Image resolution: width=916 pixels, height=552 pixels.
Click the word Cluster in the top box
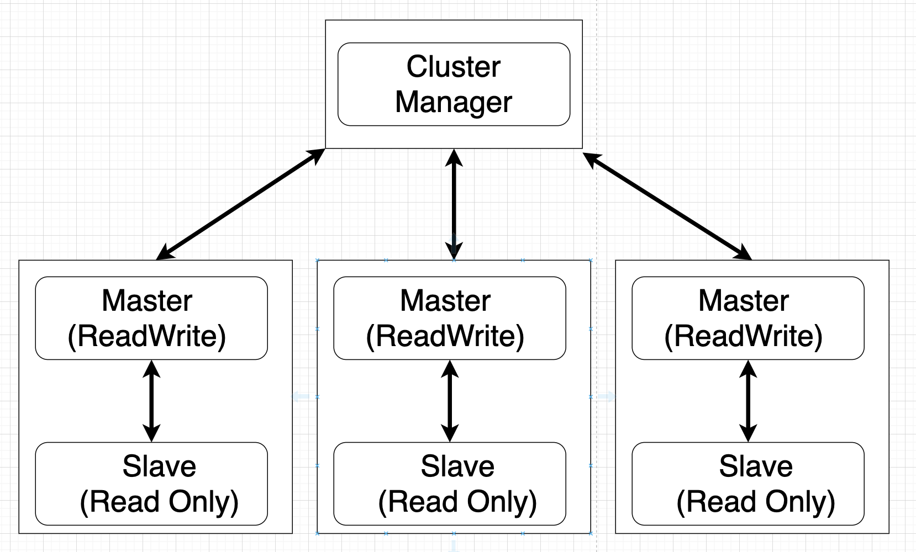pyautogui.click(x=453, y=67)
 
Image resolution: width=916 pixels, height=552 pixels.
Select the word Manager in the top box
pyautogui.click(x=453, y=102)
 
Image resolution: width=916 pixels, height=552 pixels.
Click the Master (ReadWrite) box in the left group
pyautogui.click(x=151, y=318)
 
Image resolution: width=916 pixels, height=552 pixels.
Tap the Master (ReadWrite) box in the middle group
pyautogui.click(x=450, y=318)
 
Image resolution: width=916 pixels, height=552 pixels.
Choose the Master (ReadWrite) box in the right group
pyautogui.click(x=747, y=318)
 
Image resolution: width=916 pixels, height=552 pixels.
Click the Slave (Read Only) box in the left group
pyautogui.click(x=151, y=484)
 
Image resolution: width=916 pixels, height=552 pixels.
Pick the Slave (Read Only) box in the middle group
pyautogui.click(x=450, y=484)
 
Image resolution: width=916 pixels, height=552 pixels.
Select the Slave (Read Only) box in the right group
pyautogui.click(x=747, y=484)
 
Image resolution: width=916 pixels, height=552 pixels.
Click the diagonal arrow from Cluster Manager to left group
pyautogui.click(x=240, y=204)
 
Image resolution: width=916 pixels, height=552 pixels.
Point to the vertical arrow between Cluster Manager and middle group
pyautogui.click(x=454, y=204)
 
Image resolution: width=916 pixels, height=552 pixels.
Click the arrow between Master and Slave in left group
pyautogui.click(x=151, y=401)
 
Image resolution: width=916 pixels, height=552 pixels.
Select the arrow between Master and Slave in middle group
pyautogui.click(x=450, y=401)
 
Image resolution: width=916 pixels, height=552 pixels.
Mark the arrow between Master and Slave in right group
pyautogui.click(x=747, y=401)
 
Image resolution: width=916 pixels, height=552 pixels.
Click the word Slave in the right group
pyautogui.click(x=755, y=466)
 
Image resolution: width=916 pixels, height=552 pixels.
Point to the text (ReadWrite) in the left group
pyautogui.click(x=147, y=336)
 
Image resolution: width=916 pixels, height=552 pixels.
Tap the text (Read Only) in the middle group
pyautogui.click(x=457, y=501)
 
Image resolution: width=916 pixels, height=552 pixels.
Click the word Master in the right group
pyautogui.click(x=743, y=301)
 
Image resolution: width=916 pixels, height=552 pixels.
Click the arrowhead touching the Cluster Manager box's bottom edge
pyautogui.click(x=454, y=157)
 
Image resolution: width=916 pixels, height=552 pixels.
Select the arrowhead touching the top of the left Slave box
pyautogui.click(x=151, y=433)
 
